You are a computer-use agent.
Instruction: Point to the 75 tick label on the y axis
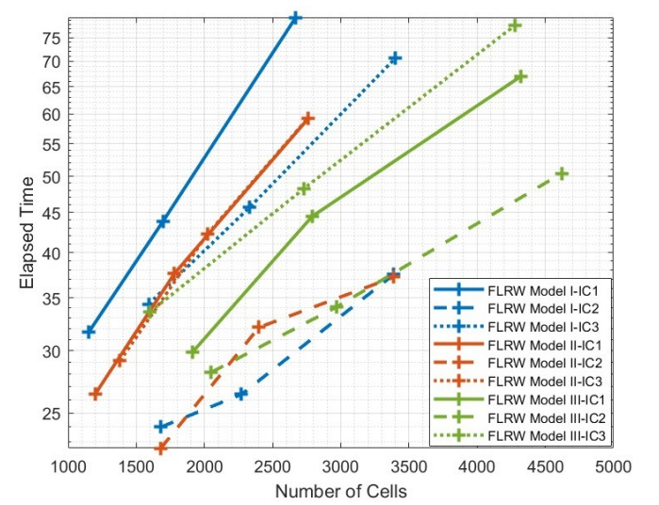click(51, 38)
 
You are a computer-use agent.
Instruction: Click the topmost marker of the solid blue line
click(295, 18)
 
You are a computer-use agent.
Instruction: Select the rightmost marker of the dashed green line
click(562, 173)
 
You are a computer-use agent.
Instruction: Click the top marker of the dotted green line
click(515, 25)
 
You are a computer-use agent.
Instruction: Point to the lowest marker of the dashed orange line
click(161, 448)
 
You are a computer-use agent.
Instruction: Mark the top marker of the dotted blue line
click(395, 58)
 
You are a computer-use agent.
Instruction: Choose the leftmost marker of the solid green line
click(193, 351)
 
